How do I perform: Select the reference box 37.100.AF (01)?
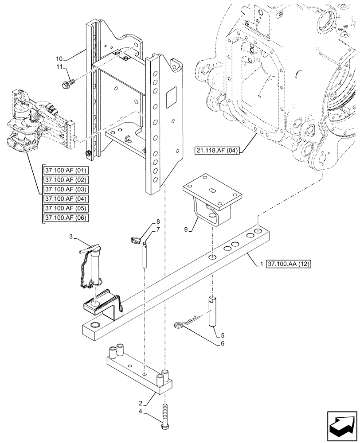(x=66, y=170)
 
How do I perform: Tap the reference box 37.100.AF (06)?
(x=66, y=218)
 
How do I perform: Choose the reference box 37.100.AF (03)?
(x=66, y=189)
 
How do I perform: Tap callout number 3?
(x=70, y=238)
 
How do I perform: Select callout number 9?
(x=187, y=229)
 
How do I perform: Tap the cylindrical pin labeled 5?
(x=212, y=313)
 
